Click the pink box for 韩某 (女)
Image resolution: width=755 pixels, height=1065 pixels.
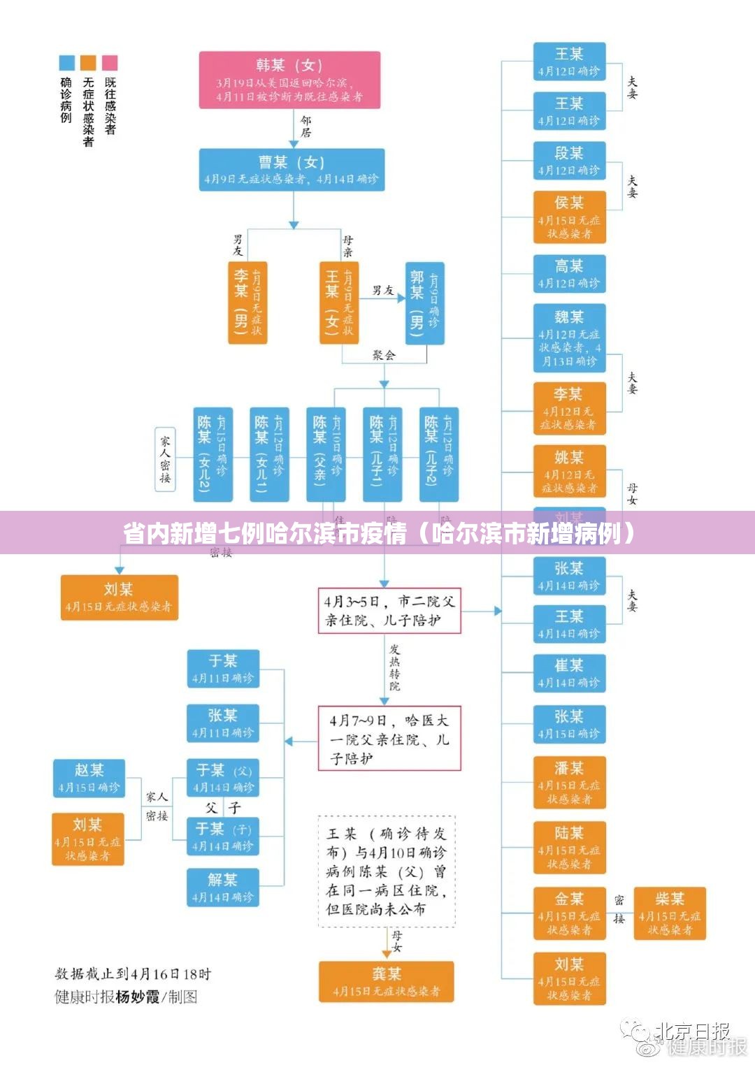(289, 80)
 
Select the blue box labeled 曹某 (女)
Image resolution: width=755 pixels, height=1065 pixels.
(292, 170)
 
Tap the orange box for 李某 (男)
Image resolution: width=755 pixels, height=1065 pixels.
(247, 303)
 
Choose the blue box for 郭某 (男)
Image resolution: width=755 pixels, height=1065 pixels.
(424, 303)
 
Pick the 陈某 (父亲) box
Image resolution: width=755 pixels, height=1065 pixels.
(326, 454)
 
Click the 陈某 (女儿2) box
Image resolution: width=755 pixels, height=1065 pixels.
(213, 454)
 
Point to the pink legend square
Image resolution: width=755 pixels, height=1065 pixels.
(110, 63)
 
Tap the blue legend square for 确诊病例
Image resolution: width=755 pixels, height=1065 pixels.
(66, 63)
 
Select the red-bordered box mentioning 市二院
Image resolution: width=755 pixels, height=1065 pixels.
(389, 611)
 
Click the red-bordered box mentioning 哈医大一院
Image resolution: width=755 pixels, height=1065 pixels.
(389, 738)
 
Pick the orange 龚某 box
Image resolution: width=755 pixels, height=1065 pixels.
(387, 981)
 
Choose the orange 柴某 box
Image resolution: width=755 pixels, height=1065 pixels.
(670, 913)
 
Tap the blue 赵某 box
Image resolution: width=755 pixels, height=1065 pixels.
(89, 778)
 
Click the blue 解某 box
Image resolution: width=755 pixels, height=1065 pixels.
(222, 887)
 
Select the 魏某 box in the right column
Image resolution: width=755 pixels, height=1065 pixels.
(569, 338)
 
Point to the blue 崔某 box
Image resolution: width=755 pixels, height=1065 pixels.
(569, 673)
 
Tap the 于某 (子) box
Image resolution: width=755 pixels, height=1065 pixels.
(223, 836)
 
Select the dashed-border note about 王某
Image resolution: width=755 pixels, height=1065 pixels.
(387, 871)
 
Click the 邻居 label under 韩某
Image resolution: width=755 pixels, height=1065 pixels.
(305, 126)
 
